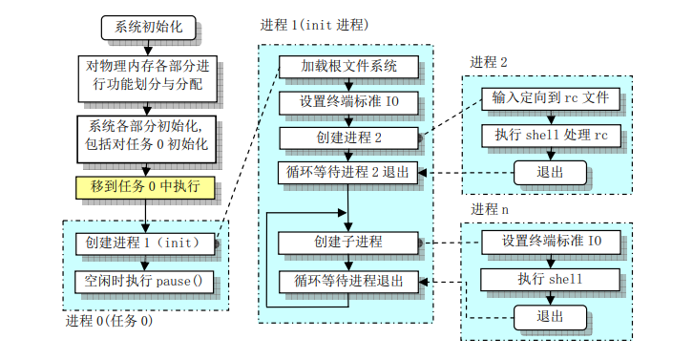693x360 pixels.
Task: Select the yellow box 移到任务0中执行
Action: tap(145, 186)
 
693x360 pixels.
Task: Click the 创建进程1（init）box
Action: tap(145, 244)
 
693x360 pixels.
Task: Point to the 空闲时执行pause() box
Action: tap(145, 283)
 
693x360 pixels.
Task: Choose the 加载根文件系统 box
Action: tap(347, 67)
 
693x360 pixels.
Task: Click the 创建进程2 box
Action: tap(347, 138)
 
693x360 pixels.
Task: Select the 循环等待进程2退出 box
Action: tap(347, 173)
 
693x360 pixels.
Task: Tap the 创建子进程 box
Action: tap(347, 243)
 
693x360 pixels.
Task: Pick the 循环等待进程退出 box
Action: tap(347, 282)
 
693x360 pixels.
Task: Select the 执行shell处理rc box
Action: tap(551, 136)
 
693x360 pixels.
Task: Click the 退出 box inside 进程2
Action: tap(550, 173)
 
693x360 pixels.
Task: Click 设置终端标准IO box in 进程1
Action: tap(347, 101)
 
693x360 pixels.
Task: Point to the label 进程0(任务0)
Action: tap(108, 321)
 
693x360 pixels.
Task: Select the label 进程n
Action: tap(490, 209)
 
